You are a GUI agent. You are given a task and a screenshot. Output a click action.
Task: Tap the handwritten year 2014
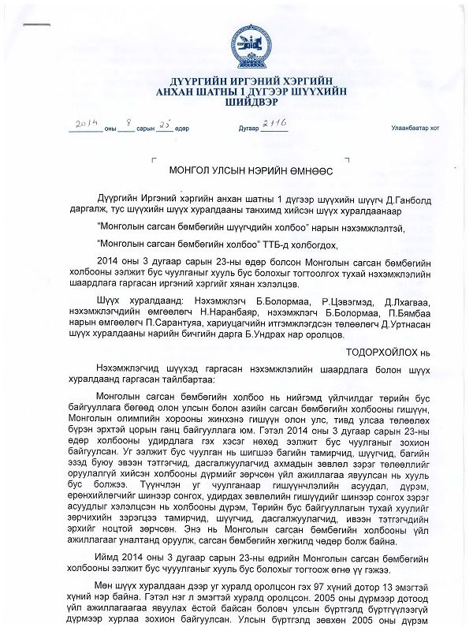84,125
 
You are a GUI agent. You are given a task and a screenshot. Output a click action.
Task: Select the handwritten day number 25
164,125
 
